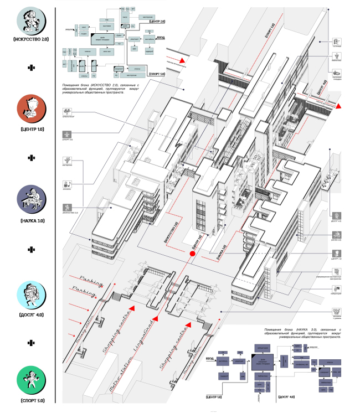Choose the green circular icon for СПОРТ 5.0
click(32, 379)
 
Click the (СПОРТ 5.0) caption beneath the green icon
click(32, 400)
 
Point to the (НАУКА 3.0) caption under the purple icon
click(32, 220)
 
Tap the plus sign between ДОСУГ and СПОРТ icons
click(32, 342)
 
